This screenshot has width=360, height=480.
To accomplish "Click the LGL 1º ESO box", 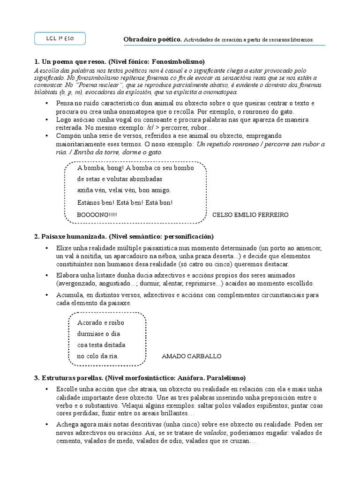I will click(60, 39).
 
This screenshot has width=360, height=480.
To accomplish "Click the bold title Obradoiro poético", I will click(152, 40).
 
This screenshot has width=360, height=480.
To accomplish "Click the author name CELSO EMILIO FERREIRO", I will click(250, 215).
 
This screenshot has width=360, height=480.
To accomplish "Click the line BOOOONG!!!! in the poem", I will click(97, 215).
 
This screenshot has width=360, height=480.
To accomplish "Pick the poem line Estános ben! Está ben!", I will click(125, 202).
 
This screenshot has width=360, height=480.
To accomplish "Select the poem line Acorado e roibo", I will click(101, 322).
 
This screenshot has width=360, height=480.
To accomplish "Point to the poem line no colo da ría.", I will click(97, 356).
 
